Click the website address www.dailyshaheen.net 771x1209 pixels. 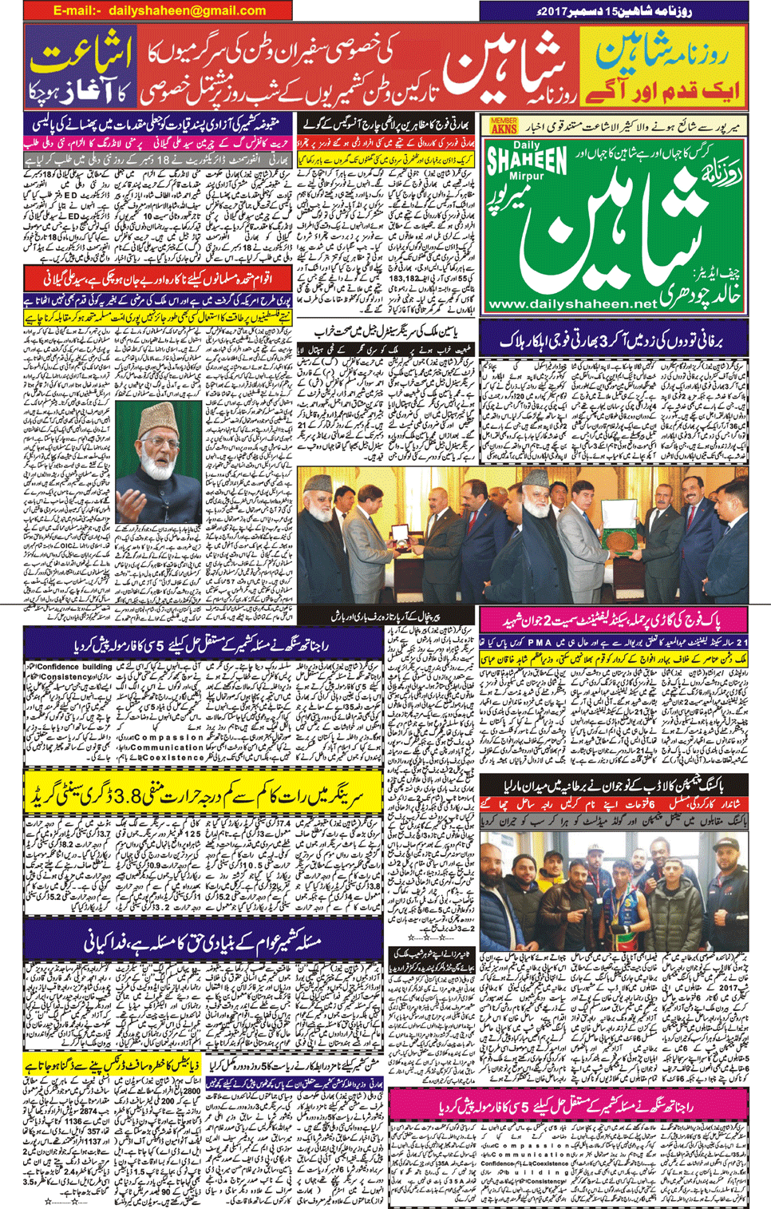click(x=571, y=304)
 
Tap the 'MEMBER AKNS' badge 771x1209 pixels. click(x=504, y=125)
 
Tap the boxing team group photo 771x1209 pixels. click(x=613, y=880)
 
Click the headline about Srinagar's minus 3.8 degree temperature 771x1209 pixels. click(x=204, y=795)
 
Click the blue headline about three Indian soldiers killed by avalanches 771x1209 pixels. click(x=613, y=339)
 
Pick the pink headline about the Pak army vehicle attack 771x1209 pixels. click(x=613, y=620)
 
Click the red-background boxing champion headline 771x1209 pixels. click(x=613, y=786)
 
